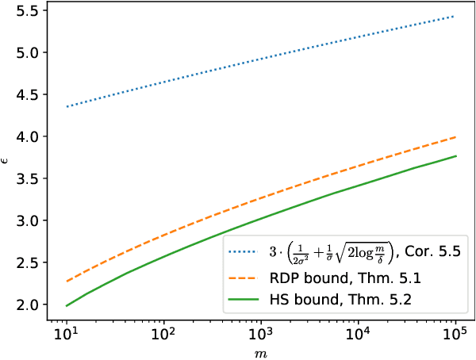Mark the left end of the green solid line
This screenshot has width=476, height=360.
[x=66, y=306]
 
